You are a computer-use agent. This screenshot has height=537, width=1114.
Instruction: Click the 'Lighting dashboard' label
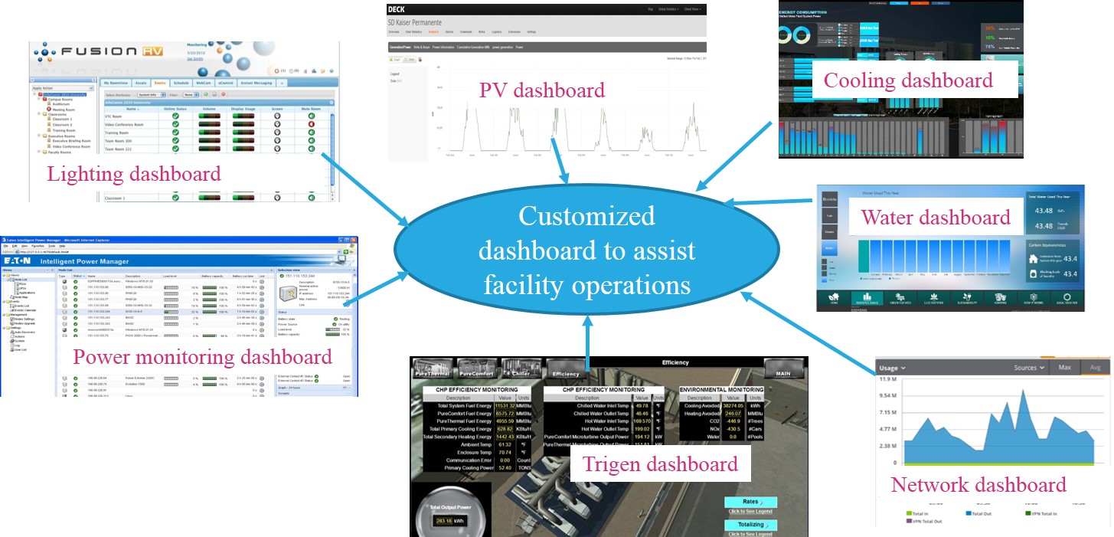click(x=134, y=174)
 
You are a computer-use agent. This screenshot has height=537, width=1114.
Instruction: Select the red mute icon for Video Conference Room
click(x=311, y=124)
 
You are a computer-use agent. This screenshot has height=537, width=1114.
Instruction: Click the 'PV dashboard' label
click(x=542, y=90)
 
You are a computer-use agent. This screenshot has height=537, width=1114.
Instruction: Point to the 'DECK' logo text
click(x=397, y=9)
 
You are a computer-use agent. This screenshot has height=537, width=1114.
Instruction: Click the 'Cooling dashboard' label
click(x=908, y=80)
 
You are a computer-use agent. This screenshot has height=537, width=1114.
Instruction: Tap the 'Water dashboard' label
click(x=936, y=218)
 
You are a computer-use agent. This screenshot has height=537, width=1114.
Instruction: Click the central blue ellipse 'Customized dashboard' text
click(x=586, y=250)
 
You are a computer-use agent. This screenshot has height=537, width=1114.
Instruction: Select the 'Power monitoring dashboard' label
click(x=202, y=357)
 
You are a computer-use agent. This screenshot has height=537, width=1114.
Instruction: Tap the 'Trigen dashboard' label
click(x=660, y=463)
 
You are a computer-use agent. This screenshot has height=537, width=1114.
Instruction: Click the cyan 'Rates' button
click(x=750, y=502)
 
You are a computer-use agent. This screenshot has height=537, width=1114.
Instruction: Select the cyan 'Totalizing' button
click(x=750, y=525)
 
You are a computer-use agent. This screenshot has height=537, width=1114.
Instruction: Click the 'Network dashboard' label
click(x=978, y=485)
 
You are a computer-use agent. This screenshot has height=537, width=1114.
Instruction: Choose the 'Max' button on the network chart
click(x=1065, y=368)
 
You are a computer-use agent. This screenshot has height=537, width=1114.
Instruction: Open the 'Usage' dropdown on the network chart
click(x=892, y=368)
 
